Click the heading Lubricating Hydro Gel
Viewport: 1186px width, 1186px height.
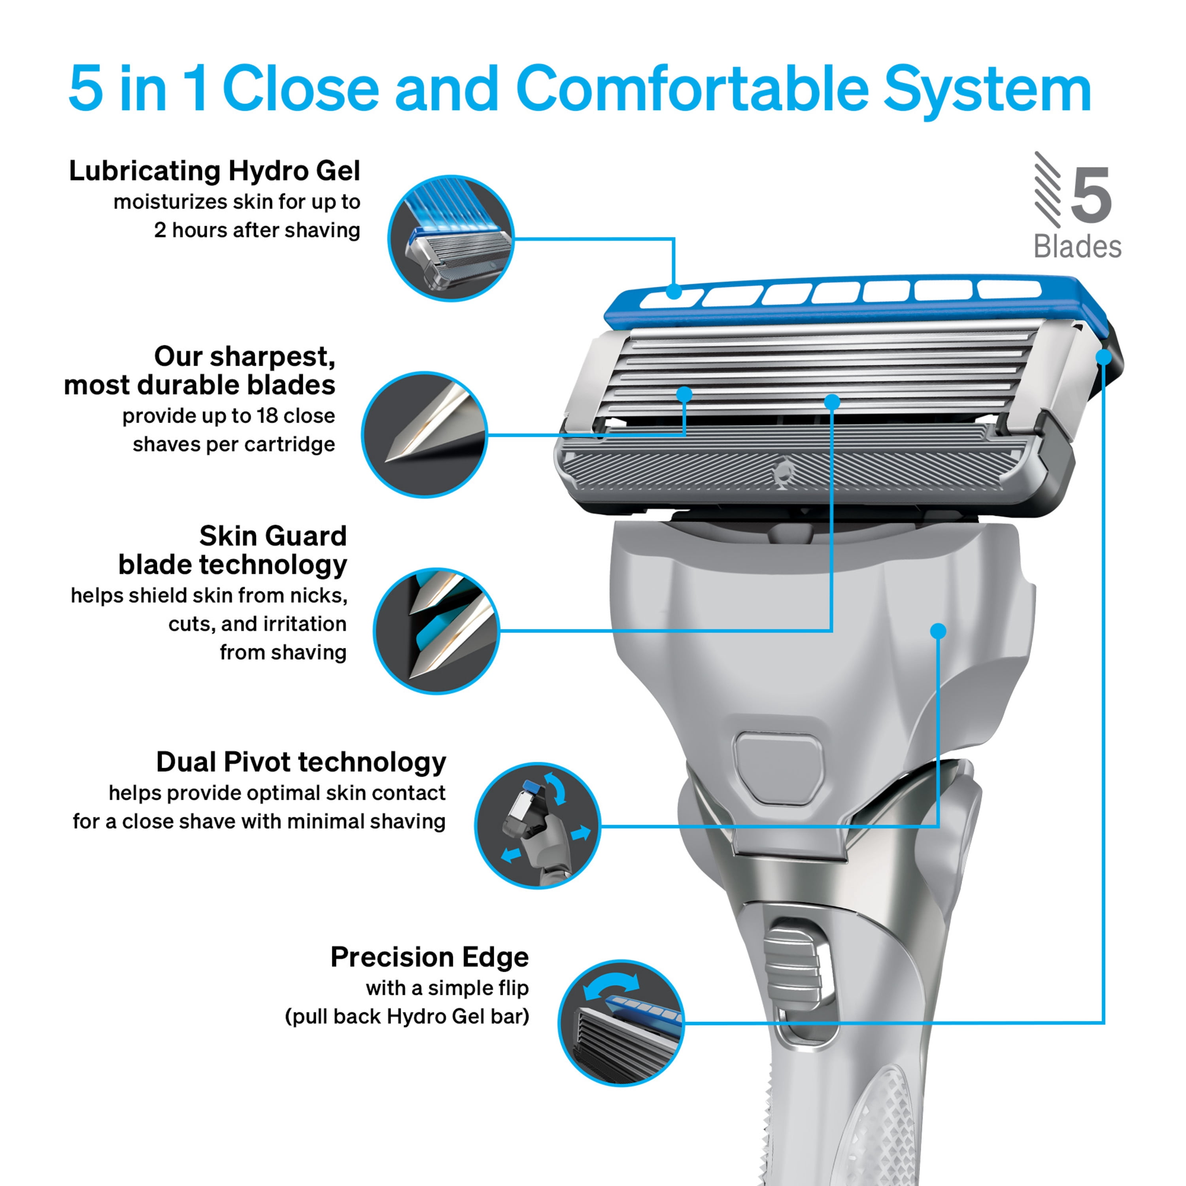click(214, 171)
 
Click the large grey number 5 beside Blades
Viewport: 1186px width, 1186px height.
click(1092, 195)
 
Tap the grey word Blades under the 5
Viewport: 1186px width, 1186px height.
click(1077, 247)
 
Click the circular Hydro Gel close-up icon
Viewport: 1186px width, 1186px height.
click(451, 238)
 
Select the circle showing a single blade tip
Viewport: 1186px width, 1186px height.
click(424, 434)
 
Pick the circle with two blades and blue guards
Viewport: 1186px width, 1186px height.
click(436, 631)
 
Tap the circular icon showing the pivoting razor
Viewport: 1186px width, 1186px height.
click(538, 826)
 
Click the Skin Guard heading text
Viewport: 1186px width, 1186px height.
click(273, 536)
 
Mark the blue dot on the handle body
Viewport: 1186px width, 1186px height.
click(938, 631)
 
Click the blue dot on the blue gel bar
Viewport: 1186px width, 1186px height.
click(674, 292)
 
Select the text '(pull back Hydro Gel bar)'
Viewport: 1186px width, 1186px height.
click(406, 1016)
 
